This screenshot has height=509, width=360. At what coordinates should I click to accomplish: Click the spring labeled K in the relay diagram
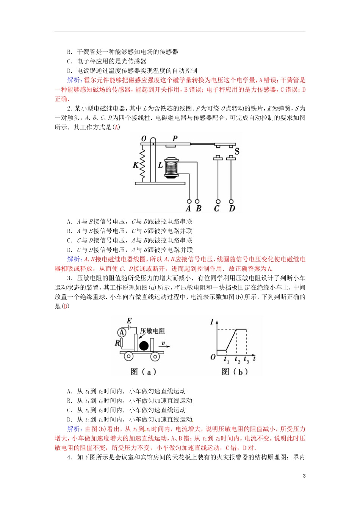coord(143,164)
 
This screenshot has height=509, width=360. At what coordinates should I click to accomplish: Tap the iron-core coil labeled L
coord(172,167)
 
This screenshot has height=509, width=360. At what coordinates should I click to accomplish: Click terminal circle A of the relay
coord(189,201)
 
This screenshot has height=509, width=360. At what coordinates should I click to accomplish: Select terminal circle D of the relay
coord(231,201)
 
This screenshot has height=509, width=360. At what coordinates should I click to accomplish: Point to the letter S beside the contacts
coord(237,151)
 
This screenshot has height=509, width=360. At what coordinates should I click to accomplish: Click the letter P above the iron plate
coord(175,138)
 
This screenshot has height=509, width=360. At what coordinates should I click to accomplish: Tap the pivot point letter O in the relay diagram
coord(144,139)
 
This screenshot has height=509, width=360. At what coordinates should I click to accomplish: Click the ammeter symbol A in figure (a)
coord(122,332)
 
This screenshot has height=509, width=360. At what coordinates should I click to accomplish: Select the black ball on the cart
coord(144,345)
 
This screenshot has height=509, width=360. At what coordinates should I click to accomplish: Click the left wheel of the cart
coord(128,356)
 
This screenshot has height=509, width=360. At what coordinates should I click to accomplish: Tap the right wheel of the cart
coord(155,356)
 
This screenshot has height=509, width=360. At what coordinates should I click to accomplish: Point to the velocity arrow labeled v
coord(164,344)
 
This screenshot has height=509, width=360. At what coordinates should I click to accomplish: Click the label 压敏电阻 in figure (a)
coord(153,331)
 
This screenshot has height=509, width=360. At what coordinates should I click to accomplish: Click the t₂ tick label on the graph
coord(237,359)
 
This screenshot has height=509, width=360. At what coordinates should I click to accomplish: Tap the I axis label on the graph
coord(212,322)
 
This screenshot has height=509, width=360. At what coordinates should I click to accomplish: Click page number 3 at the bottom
coord(304,476)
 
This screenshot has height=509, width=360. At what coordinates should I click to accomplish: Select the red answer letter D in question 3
coord(66,306)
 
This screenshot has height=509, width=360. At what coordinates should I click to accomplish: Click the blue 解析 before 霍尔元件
coord(74,80)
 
